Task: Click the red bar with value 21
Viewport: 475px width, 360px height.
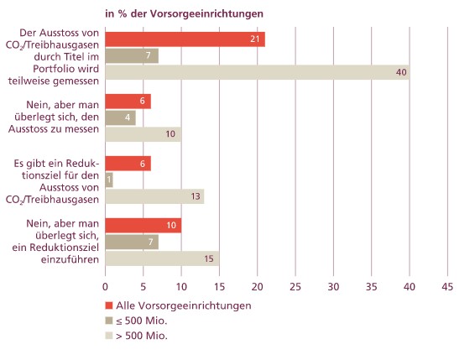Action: [185, 39]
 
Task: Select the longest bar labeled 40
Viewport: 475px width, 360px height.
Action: [258, 72]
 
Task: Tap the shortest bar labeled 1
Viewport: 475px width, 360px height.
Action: [109, 180]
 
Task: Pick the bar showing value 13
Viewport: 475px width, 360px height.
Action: [154, 196]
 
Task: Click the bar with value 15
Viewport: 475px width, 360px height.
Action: [162, 258]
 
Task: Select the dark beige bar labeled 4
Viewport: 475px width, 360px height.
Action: [121, 117]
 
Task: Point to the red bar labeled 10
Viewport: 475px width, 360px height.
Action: [144, 226]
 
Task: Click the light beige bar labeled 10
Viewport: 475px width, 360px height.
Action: [144, 134]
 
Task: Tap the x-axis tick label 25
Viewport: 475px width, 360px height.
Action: [295, 287]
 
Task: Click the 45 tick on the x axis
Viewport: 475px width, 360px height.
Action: [447, 287]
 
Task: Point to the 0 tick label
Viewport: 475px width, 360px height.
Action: [105, 287]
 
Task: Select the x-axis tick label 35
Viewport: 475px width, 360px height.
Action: [372, 287]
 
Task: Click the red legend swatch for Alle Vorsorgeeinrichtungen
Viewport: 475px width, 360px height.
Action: [109, 305]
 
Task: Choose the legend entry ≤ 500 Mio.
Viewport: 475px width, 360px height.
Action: [136, 321]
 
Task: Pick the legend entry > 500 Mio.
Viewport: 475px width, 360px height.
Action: [136, 336]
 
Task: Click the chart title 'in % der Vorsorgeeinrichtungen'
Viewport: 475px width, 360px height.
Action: [184, 14]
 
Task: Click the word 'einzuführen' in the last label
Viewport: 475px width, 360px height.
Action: [70, 259]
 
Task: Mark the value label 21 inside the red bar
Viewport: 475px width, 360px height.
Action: [255, 39]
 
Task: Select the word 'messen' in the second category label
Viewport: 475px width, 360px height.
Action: [82, 129]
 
